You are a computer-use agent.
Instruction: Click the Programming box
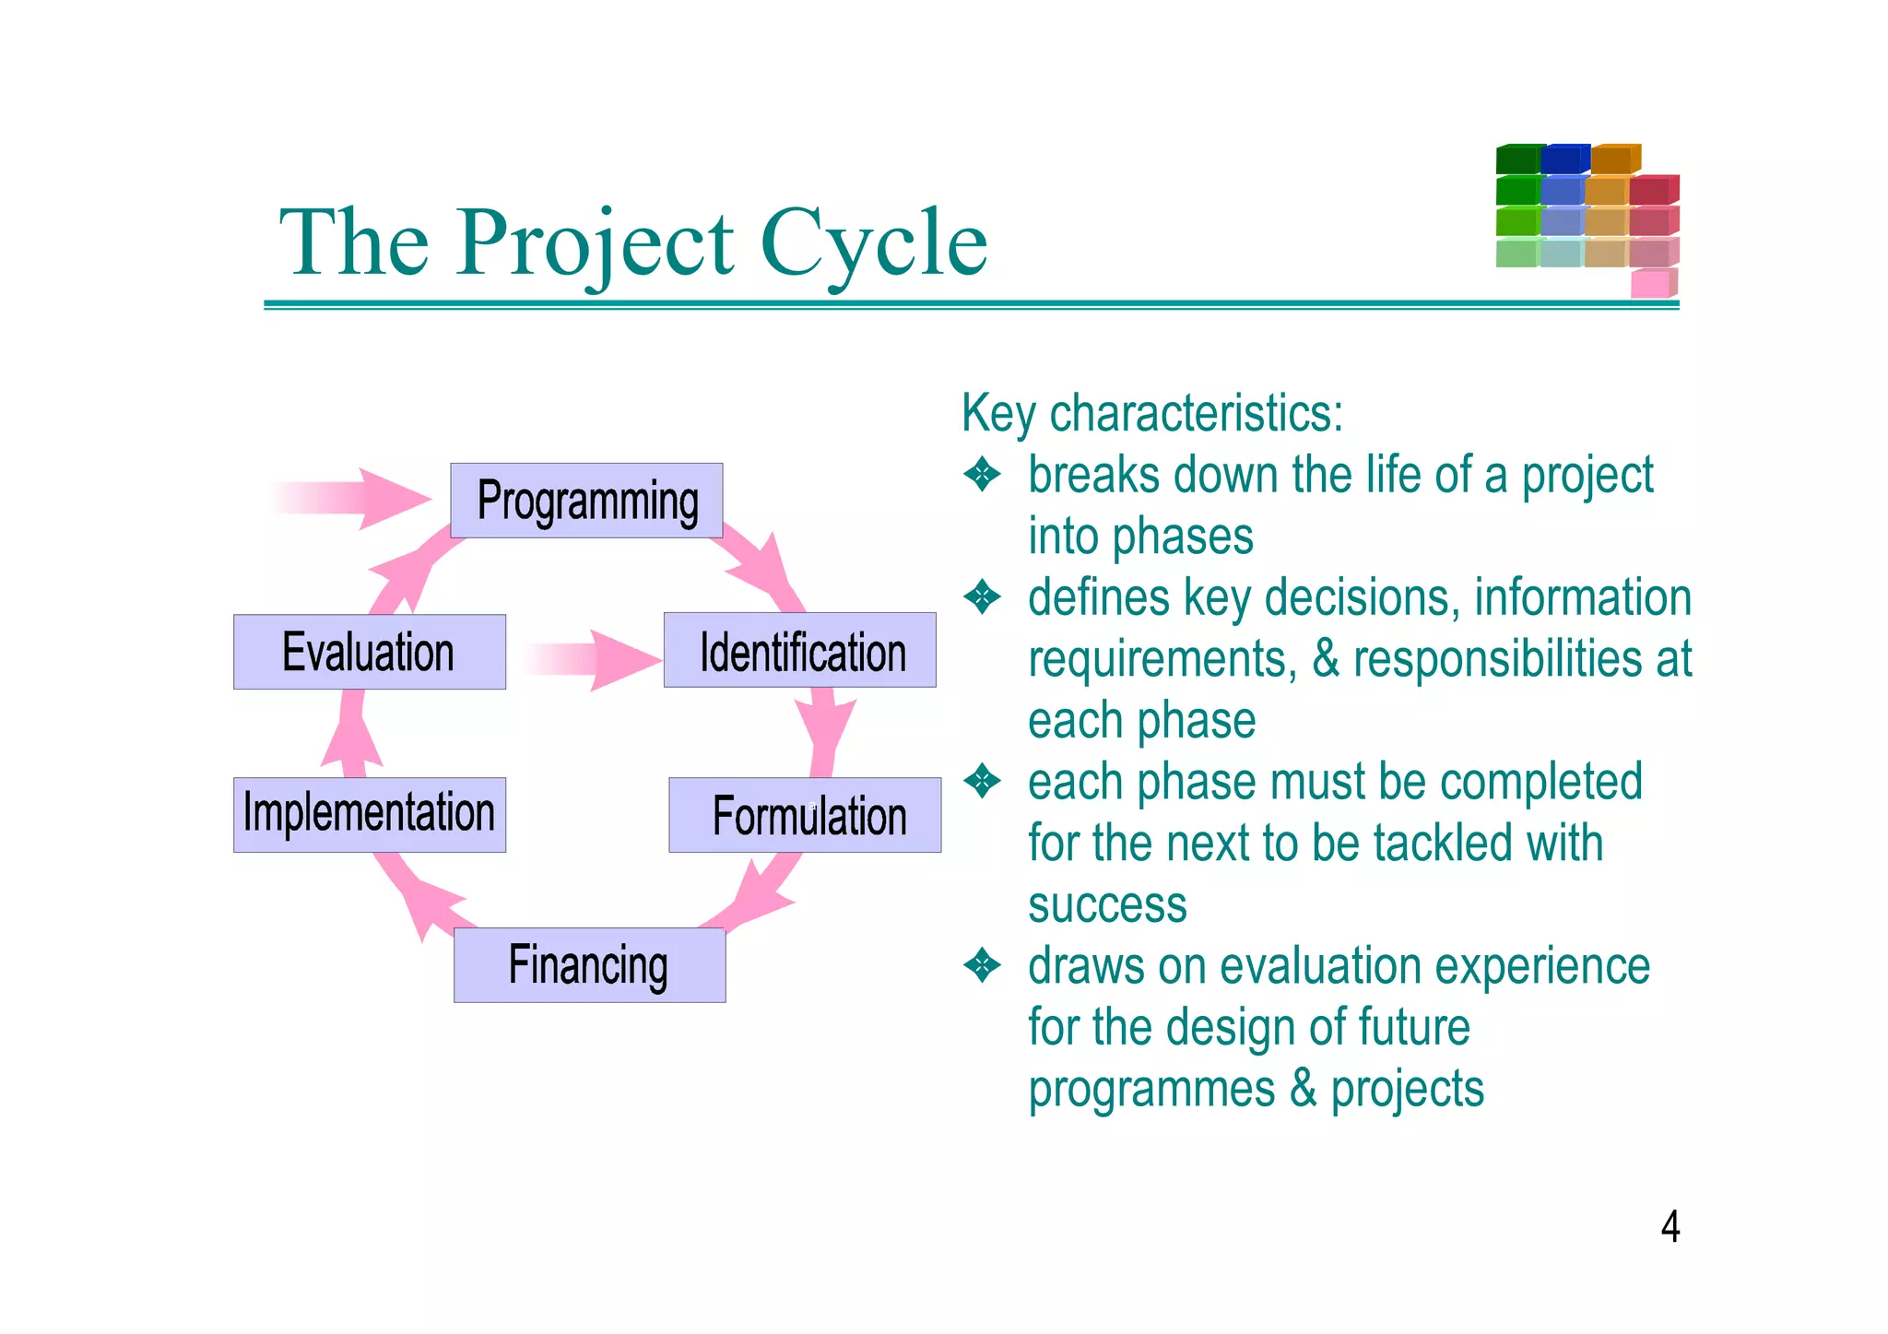[x=586, y=501]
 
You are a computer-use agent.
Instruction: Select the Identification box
[x=799, y=650]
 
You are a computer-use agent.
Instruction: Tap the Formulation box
[x=805, y=815]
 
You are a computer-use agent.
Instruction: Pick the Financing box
[x=589, y=965]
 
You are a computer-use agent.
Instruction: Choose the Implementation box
[x=369, y=815]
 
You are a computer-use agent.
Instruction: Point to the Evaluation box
[x=369, y=652]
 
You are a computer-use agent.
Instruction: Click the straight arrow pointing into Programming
[x=360, y=499]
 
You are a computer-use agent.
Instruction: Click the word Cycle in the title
[x=873, y=242]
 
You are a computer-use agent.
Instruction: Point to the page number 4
[x=1670, y=1227]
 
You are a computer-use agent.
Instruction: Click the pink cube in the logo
[x=1651, y=283]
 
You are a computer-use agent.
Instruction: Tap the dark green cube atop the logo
[x=1517, y=159]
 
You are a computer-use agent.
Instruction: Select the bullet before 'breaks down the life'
[x=982, y=476]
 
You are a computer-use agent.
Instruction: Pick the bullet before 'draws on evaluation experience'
[x=982, y=966]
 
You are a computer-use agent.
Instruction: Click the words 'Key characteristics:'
[x=1152, y=413]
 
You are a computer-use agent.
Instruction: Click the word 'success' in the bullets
[x=1107, y=905]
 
